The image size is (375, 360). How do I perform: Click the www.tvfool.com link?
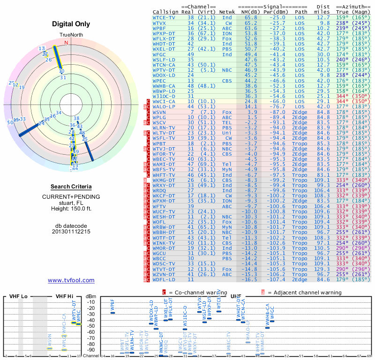pyautogui.click(x=71, y=280)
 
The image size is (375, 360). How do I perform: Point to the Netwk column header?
pyautogui.click(x=226, y=12)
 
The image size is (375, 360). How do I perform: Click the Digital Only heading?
pyautogui.click(x=71, y=24)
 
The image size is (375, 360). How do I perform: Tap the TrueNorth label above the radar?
pyautogui.click(x=71, y=35)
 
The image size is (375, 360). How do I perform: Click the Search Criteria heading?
pyautogui.click(x=71, y=187)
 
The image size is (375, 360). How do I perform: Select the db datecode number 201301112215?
pyautogui.click(x=71, y=232)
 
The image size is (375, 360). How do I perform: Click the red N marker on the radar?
pyautogui.click(x=66, y=43)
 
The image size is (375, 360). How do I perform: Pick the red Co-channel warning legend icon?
pyautogui.click(x=165, y=292)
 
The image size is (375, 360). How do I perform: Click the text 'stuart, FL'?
pyautogui.click(x=71, y=202)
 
